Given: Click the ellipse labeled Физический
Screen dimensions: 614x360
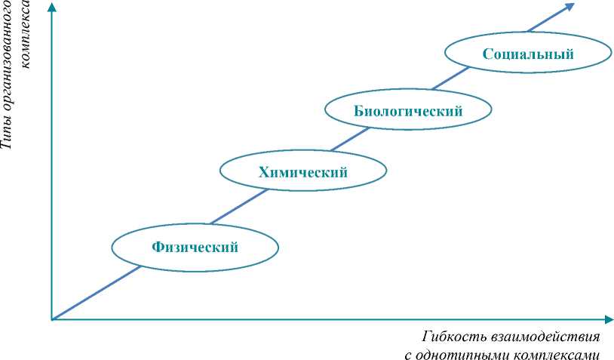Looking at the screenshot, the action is pos(195,247).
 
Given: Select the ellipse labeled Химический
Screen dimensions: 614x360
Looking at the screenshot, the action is pos(302,172).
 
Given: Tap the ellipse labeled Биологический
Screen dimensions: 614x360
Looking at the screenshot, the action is pos(408,111).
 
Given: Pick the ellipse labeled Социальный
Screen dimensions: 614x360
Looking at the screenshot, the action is pos(528,54).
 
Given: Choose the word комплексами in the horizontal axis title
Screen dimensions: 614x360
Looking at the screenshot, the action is pos(558,353).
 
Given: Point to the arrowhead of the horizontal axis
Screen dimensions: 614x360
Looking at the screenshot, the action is pos(607,319).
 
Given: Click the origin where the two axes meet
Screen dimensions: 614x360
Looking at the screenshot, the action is pos(52,319).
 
